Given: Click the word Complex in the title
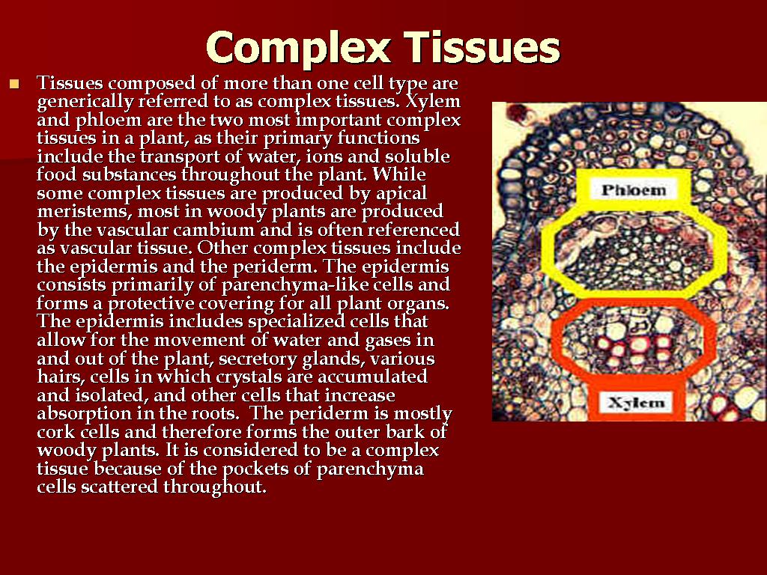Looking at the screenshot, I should coord(299,47).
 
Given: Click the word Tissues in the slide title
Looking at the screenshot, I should coord(482,47).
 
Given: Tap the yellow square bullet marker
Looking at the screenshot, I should coord(13,84).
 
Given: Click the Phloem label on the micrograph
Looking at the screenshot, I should coord(633,190).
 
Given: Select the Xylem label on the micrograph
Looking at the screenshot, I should coord(634,403).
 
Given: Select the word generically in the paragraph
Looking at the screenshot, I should coord(83,101).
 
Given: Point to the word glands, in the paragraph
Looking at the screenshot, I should coord(344,358).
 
